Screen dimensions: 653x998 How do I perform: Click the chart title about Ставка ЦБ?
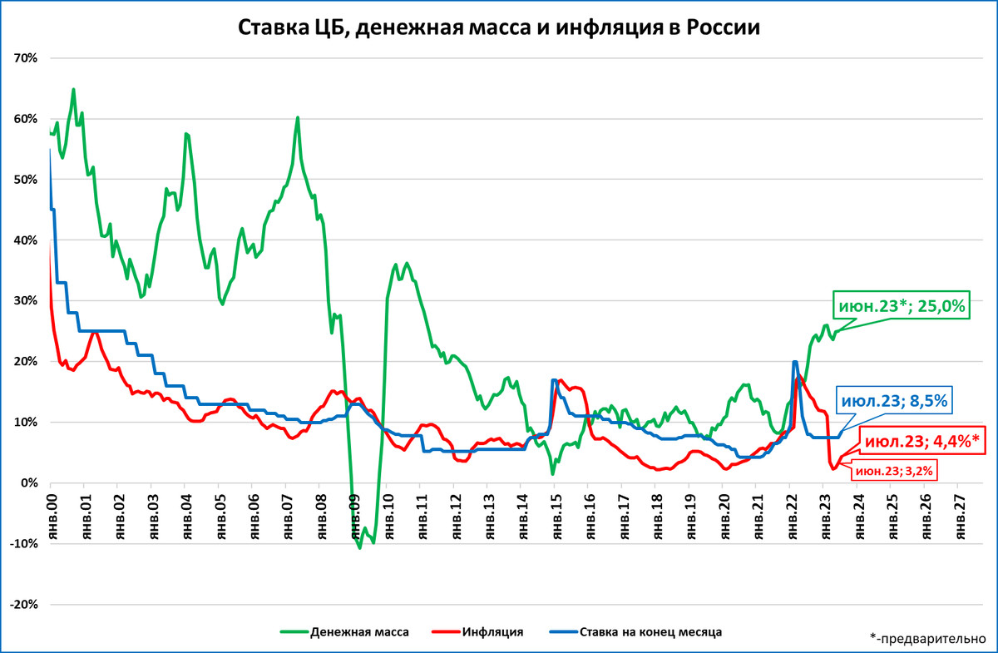point(499,27)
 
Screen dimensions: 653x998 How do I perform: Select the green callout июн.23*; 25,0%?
point(901,306)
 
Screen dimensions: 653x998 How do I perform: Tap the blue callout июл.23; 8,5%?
point(894,401)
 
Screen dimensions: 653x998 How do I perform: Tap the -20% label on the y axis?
point(25,605)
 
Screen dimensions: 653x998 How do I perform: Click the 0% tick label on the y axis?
point(30,483)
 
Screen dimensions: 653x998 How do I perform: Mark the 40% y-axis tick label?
point(27,240)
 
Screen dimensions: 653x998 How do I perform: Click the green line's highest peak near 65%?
point(73,89)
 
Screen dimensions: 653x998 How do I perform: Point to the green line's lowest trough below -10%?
point(360,547)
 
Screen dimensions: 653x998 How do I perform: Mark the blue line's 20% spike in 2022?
point(795,362)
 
